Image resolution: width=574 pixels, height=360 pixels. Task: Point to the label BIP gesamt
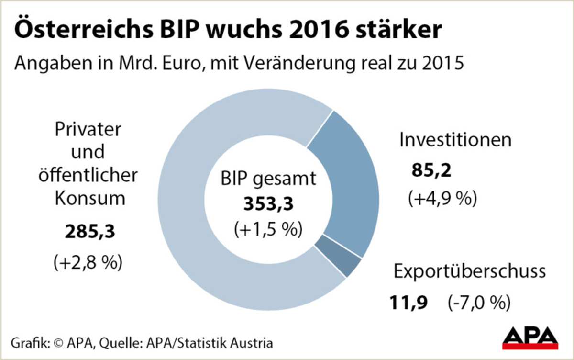(268, 179)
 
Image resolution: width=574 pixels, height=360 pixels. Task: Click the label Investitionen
(455, 140)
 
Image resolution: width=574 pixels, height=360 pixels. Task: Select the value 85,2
(430, 171)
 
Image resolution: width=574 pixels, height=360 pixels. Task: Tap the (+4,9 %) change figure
(442, 198)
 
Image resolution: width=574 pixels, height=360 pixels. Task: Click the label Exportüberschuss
(469, 271)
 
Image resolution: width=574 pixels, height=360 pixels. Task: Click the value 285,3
(90, 233)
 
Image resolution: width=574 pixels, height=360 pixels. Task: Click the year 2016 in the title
(322, 31)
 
